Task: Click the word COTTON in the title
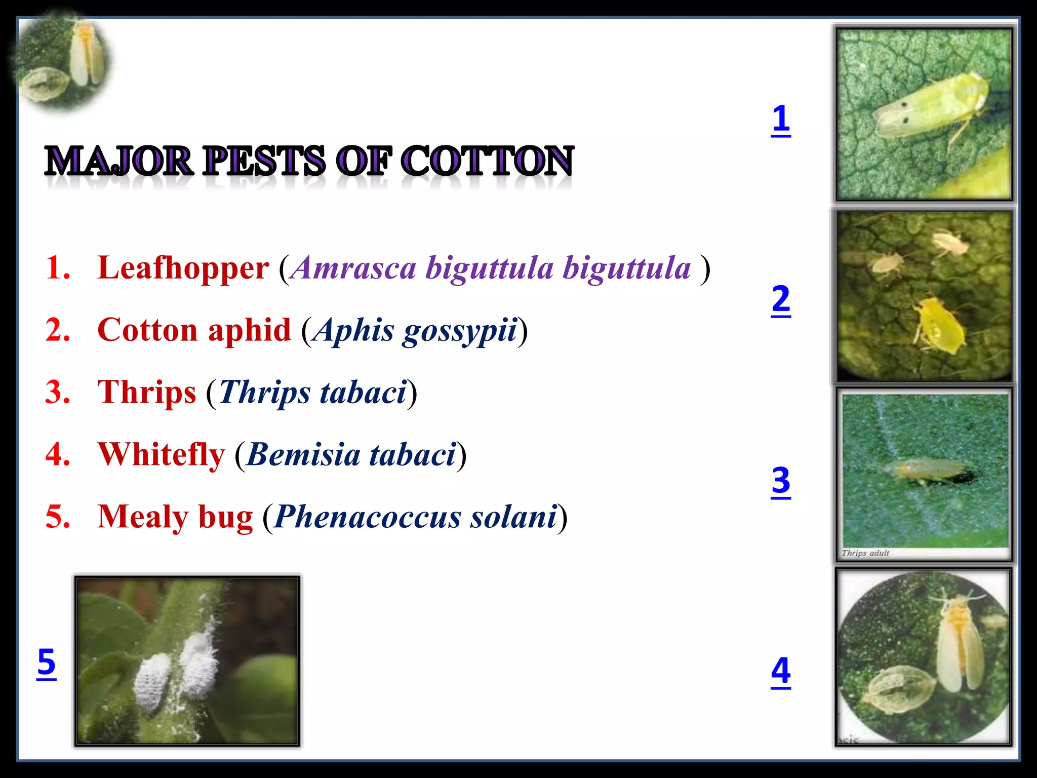click(487, 161)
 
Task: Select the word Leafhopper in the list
click(183, 268)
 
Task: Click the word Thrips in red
click(146, 393)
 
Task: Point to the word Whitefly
click(161, 454)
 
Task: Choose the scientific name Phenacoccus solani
click(415, 517)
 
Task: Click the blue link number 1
click(781, 120)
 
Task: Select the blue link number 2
click(781, 300)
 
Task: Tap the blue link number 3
click(781, 481)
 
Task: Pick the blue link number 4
click(781, 671)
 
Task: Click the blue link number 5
click(47, 663)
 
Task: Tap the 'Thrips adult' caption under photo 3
click(865, 553)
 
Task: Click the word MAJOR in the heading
click(119, 161)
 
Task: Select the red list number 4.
click(58, 454)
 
